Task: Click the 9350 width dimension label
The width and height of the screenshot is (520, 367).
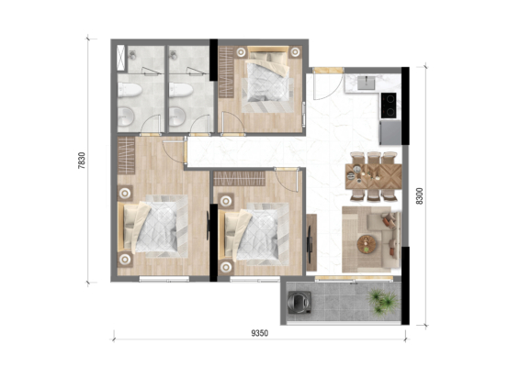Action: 260,333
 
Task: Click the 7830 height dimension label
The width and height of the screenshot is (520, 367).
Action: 82,161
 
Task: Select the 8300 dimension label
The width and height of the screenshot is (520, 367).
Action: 420,196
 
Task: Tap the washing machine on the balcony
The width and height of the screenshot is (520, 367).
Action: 300,303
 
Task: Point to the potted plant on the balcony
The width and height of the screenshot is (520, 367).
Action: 383,302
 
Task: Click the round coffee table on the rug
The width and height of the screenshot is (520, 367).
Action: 367,244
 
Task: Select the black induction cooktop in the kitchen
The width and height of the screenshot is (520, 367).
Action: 389,106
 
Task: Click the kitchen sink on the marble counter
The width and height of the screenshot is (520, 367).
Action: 367,83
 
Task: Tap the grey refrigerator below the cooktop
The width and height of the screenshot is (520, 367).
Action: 390,132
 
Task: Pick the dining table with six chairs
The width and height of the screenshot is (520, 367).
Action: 373,176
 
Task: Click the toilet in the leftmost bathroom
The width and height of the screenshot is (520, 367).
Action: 130,90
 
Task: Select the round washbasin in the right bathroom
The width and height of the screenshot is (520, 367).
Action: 177,117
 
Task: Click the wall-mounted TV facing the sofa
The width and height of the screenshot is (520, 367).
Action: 309,242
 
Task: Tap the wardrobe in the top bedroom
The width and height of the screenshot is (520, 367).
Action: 227,72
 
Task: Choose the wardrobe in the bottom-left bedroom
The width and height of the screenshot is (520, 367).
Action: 126,155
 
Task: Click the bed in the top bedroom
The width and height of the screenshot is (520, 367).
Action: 267,80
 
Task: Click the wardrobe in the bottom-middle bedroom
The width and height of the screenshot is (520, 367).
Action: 239,178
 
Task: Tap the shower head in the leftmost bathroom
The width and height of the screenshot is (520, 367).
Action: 132,55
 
